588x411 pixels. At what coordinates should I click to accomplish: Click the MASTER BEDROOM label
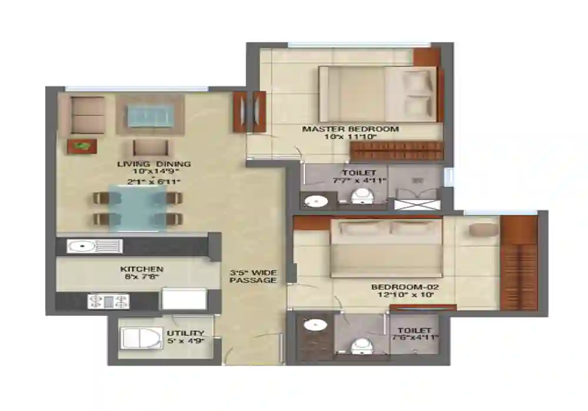pyautogui.click(x=350, y=129)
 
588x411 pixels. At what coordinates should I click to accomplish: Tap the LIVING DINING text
pyautogui.click(x=153, y=164)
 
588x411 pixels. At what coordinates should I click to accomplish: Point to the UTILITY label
pyautogui.click(x=185, y=333)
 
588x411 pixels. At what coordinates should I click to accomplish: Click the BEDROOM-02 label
pyautogui.click(x=405, y=287)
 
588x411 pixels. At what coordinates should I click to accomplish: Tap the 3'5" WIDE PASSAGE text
pyautogui.click(x=253, y=276)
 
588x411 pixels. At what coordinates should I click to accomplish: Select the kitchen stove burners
pyautogui.click(x=108, y=301)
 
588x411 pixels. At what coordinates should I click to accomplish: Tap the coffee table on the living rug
pyautogui.click(x=150, y=115)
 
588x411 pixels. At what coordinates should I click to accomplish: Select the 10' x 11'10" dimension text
pyautogui.click(x=350, y=137)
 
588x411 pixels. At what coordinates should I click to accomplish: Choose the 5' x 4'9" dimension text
pyautogui.click(x=185, y=342)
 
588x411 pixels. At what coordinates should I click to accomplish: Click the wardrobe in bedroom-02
pyautogui.click(x=519, y=263)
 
